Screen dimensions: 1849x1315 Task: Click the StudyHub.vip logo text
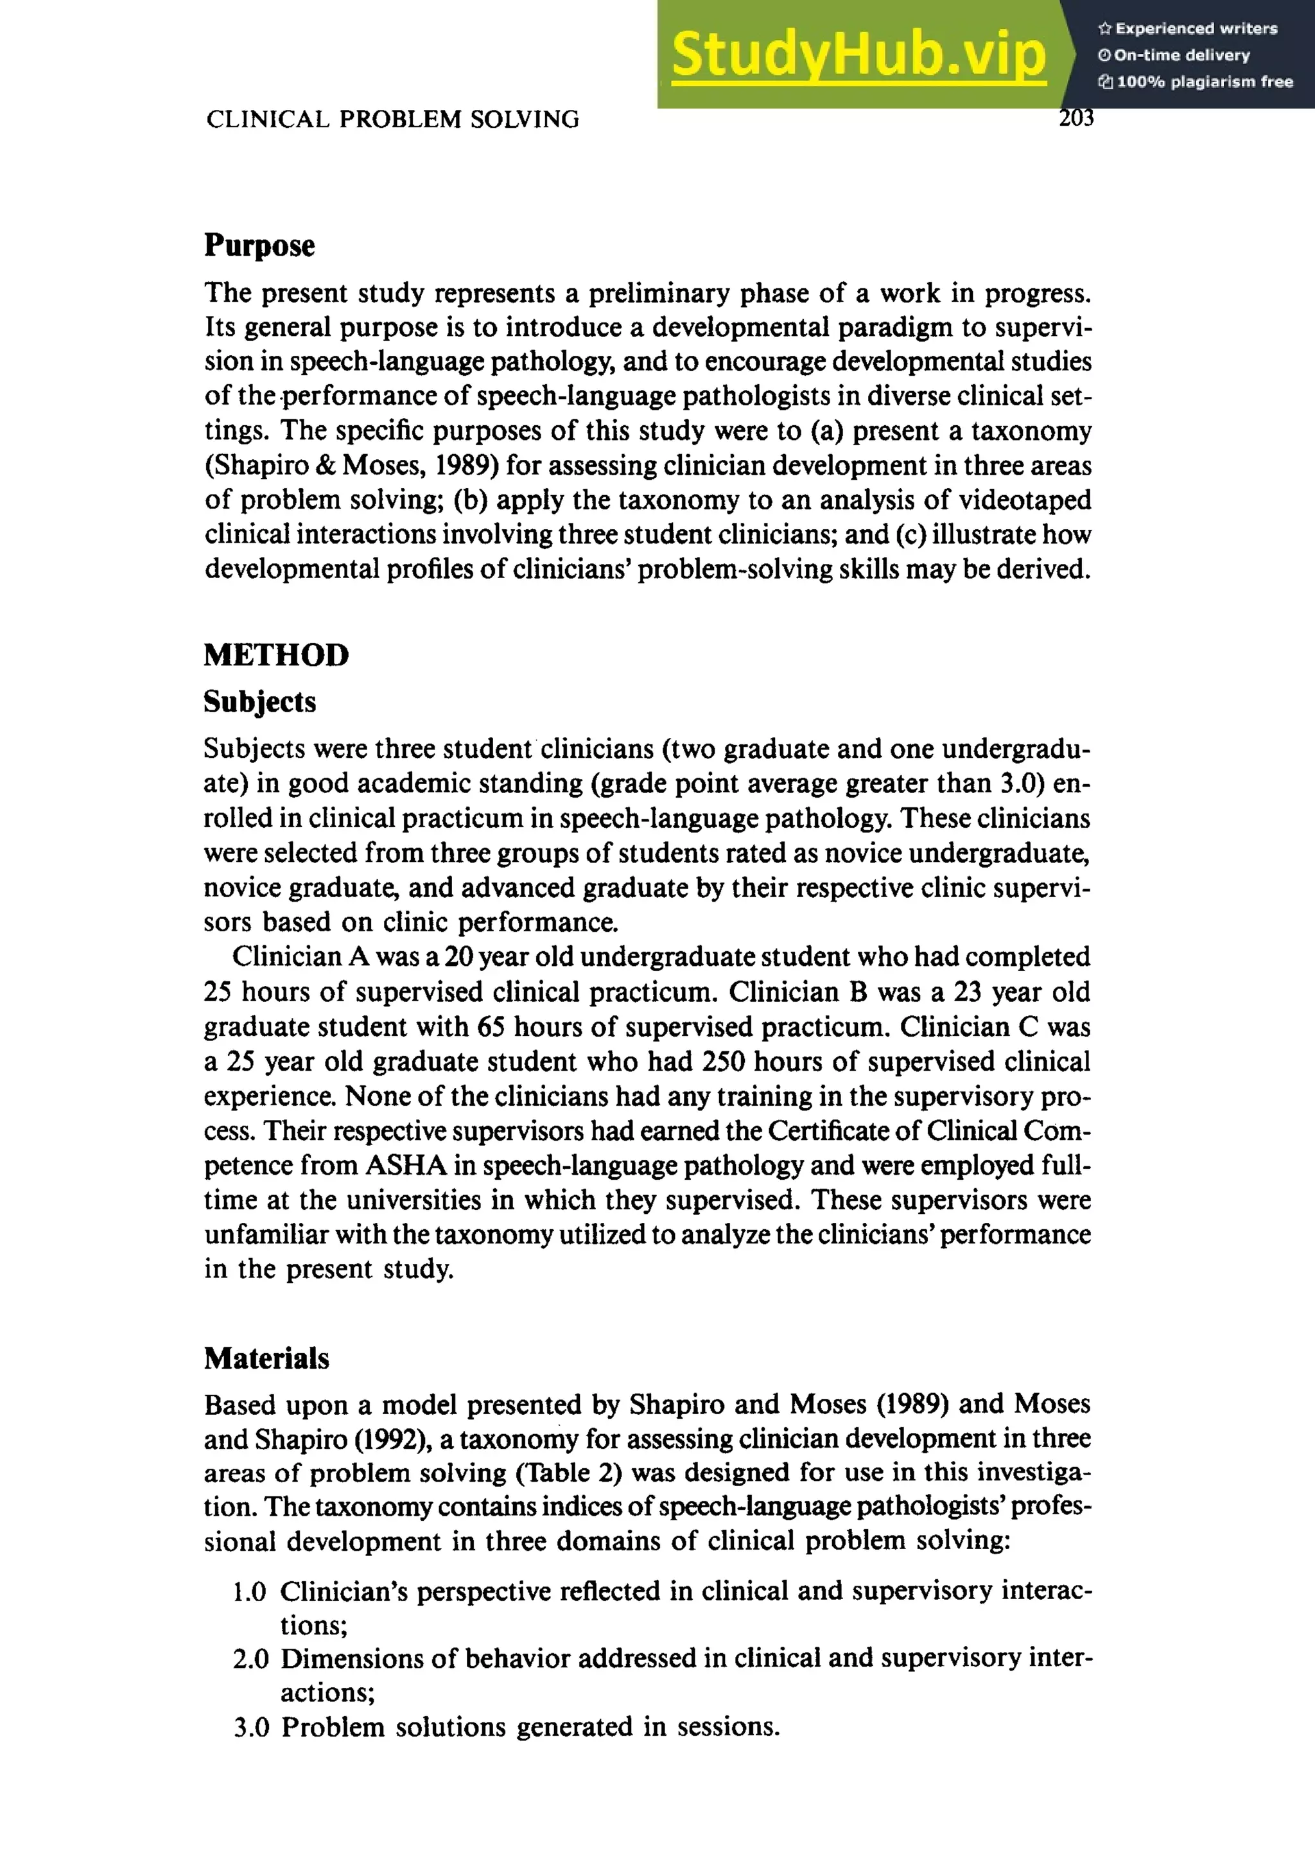[858, 55]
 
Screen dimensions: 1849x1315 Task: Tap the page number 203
[1076, 118]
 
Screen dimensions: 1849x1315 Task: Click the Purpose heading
[259, 245]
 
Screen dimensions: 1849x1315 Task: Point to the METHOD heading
[276, 654]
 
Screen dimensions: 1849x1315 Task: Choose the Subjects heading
[259, 701]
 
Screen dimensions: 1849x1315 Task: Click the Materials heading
[266, 1358]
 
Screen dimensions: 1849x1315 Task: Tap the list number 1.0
[249, 1591]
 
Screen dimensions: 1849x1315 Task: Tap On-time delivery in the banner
[1181, 55]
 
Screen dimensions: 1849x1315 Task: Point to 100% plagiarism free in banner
[1204, 82]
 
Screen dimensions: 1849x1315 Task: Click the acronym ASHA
[406, 1166]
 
